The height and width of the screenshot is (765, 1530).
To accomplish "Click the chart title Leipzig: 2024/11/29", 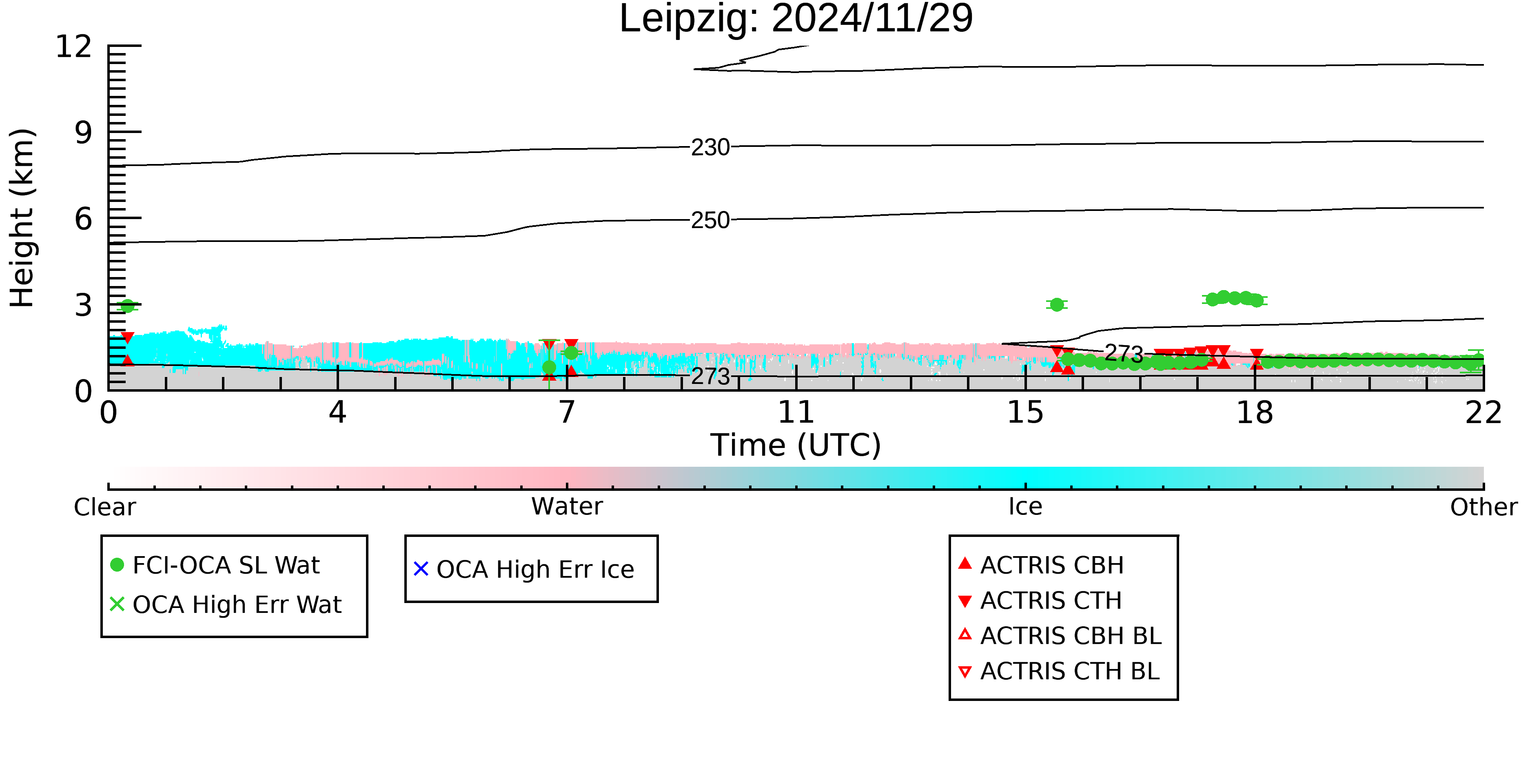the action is point(796,19).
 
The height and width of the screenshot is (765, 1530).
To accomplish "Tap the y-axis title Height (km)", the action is point(22,218).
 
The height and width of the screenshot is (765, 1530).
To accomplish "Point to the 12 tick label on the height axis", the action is point(74,47).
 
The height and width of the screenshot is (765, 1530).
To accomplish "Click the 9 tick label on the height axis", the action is point(83,133).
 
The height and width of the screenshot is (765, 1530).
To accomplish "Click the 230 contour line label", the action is point(710,147).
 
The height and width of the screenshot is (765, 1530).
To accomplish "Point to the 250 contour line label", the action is point(710,220).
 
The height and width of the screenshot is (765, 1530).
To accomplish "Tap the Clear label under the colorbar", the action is point(104,507).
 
